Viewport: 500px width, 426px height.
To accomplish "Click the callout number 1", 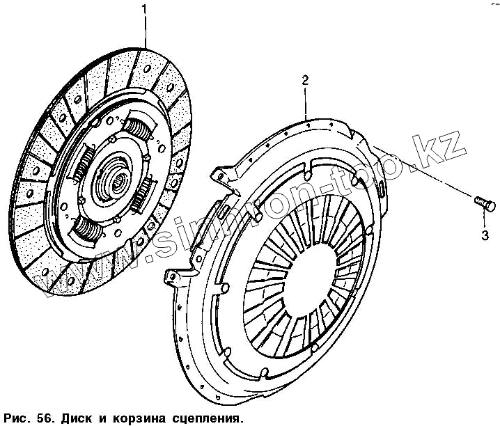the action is click(145, 9).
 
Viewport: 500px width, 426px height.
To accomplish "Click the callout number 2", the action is click(304, 81).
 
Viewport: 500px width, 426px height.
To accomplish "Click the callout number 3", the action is click(484, 233).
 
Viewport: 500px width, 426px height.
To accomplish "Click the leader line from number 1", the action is click(146, 31).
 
